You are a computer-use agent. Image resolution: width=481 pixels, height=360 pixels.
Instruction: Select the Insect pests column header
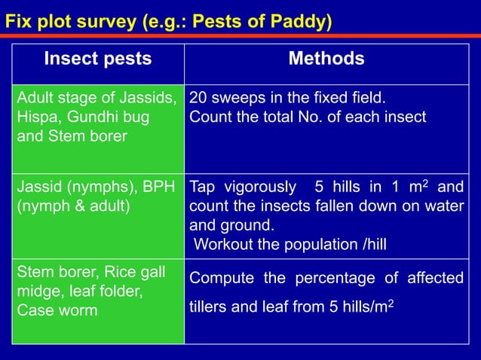(x=97, y=59)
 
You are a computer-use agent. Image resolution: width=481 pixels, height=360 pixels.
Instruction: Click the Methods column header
(x=326, y=59)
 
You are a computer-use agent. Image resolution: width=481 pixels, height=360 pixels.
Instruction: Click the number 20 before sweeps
(x=198, y=99)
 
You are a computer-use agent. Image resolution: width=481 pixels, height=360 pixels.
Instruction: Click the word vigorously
(x=254, y=187)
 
